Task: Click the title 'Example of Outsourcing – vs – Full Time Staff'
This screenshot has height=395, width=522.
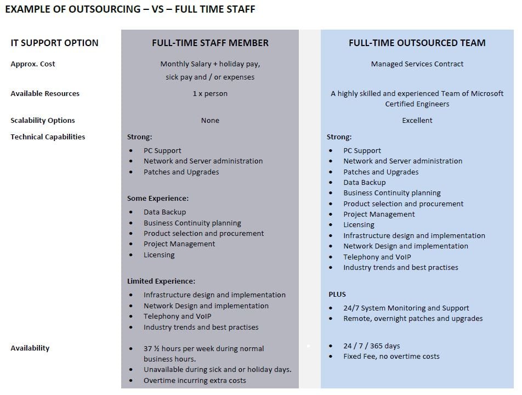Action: pos(130,9)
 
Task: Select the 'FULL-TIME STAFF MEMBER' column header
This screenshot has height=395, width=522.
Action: pos(210,43)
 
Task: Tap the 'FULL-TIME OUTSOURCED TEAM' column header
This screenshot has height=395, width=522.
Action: pos(417,43)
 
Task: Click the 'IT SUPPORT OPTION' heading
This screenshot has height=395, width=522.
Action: pos(54,43)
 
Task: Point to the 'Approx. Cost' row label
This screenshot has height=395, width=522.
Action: pos(33,64)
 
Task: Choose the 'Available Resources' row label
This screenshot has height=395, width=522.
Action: pos(45,94)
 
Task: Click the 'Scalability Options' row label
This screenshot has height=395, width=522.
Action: pos(43,121)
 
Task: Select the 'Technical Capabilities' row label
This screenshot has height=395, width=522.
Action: pos(48,137)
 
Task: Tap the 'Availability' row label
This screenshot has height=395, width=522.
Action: pos(30,348)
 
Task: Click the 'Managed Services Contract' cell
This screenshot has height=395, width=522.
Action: pos(417,64)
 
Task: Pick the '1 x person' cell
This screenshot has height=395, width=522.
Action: pos(210,94)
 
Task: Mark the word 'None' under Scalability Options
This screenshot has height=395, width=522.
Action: pos(210,121)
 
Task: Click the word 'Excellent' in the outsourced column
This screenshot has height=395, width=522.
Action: pos(417,121)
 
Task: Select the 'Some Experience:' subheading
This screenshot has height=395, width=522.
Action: pos(158,199)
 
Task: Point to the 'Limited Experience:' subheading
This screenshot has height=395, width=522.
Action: pos(161,281)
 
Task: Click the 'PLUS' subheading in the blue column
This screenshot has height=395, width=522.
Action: pos(337,295)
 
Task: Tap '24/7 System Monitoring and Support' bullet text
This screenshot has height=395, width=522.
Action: pos(406,308)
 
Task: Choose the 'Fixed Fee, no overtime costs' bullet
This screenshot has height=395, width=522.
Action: pos(392,357)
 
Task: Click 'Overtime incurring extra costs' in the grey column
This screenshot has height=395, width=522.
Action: pos(195,381)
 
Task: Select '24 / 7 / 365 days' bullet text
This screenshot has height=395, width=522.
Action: pos(372,346)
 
